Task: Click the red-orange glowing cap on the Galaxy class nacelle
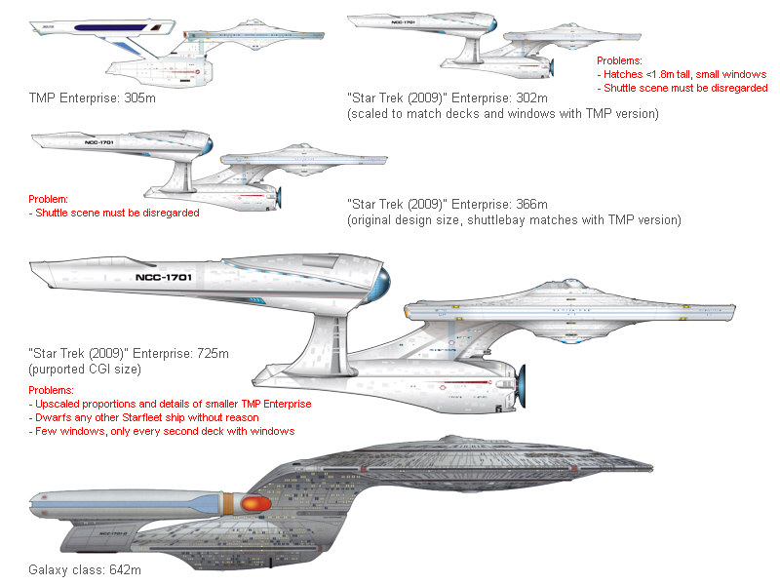tap(254, 503)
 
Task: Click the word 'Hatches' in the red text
tap(629, 74)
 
